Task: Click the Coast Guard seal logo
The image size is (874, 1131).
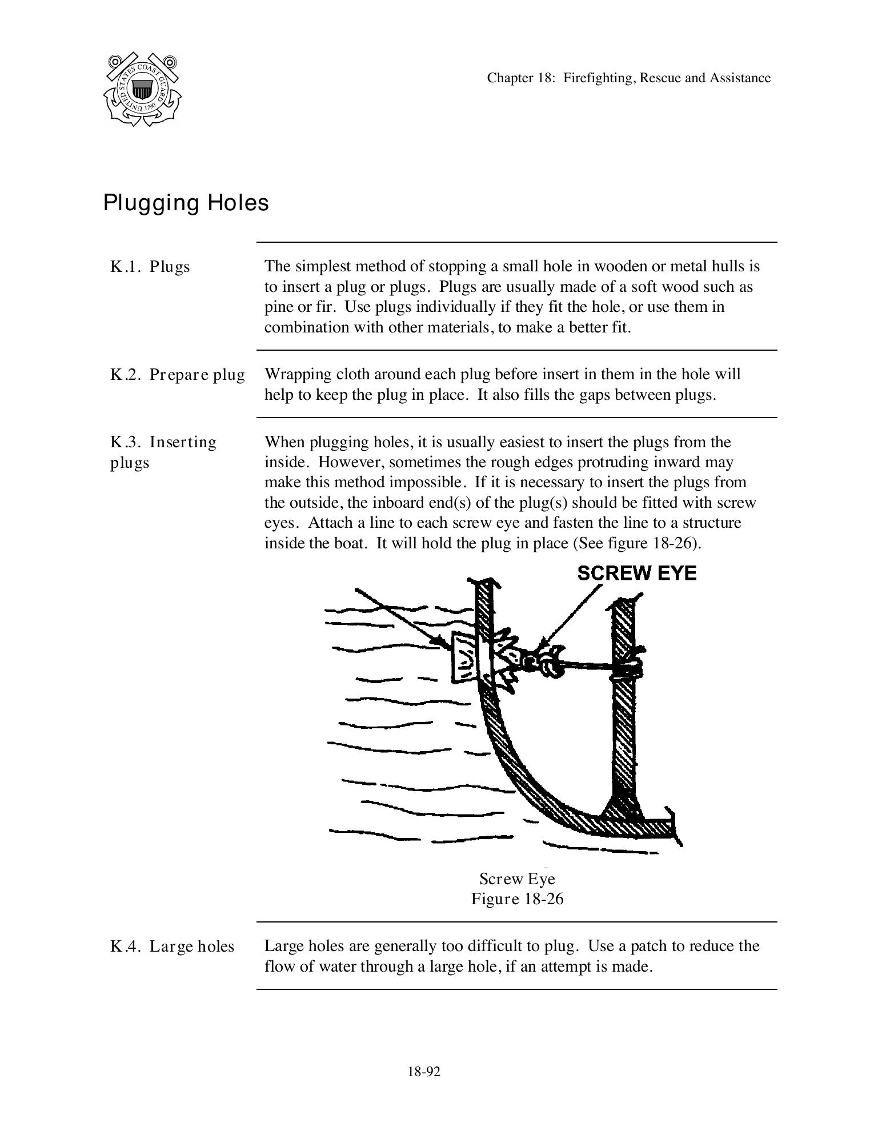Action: [x=142, y=90]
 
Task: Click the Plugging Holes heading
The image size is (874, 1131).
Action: [x=186, y=203]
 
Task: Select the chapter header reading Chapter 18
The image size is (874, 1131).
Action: [x=628, y=78]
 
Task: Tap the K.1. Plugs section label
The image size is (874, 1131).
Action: [x=150, y=267]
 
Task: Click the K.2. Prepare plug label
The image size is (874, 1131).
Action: [x=177, y=375]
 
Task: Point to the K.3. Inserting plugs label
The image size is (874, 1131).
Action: [x=163, y=452]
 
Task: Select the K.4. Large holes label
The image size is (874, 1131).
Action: [x=172, y=946]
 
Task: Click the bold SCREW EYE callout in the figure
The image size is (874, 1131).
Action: [x=636, y=573]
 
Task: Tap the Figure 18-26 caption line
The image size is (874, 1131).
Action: [x=517, y=899]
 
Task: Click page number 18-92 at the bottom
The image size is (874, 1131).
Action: [x=424, y=1072]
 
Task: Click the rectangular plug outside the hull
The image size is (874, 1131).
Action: [x=466, y=657]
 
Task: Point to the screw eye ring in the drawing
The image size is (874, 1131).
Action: [x=548, y=663]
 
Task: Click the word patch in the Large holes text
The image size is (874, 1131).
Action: [x=649, y=946]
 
